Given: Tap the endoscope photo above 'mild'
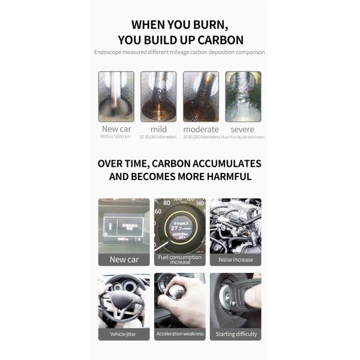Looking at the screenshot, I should [158, 96].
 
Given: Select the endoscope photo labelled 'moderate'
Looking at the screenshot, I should [200, 96].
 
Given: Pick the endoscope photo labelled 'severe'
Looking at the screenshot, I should [243, 96].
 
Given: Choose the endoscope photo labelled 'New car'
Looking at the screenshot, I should [116, 96].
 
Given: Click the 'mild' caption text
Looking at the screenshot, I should [158, 129].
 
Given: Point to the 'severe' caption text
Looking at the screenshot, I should [242, 129].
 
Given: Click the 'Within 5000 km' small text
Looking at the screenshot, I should [115, 137].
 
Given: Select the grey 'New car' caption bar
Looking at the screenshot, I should [124, 259].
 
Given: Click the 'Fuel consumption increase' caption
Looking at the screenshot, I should [180, 259].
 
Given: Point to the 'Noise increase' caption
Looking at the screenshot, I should [235, 260].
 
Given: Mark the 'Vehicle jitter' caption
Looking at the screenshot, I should [124, 334].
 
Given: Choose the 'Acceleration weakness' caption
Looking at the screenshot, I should [180, 334].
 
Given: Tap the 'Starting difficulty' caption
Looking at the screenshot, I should [235, 334].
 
